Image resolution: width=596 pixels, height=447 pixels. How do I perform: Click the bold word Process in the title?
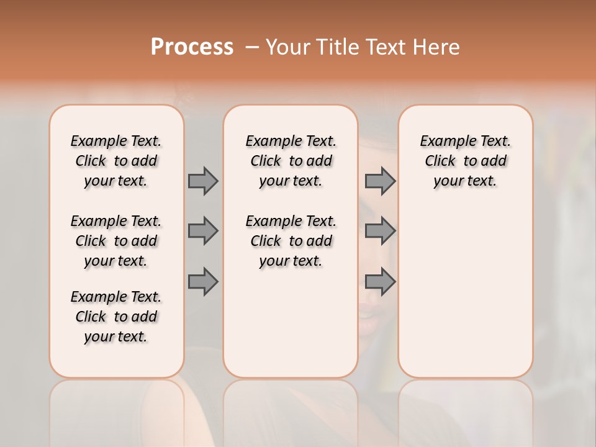pyautogui.click(x=192, y=47)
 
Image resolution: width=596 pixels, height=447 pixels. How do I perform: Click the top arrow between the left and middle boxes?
pyautogui.click(x=203, y=181)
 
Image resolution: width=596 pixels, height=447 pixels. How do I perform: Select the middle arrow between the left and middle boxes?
pyautogui.click(x=203, y=231)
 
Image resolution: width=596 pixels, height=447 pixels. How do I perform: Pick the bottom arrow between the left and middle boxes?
pyautogui.click(x=203, y=282)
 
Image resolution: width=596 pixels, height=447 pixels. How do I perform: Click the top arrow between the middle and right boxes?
pyautogui.click(x=380, y=181)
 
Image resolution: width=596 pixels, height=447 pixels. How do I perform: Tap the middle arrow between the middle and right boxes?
pyautogui.click(x=380, y=231)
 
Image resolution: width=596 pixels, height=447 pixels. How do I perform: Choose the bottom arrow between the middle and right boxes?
pyautogui.click(x=380, y=282)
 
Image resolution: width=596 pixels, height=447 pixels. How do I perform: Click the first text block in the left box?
pyautogui.click(x=116, y=161)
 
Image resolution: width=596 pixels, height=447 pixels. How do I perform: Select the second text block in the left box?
pyautogui.click(x=116, y=241)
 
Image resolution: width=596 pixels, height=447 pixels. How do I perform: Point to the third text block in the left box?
pyautogui.click(x=116, y=317)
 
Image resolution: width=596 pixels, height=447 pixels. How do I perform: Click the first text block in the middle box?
pyautogui.click(x=291, y=161)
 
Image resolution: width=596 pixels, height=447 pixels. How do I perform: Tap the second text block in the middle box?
pyautogui.click(x=291, y=241)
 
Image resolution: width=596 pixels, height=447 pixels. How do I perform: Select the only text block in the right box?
pyautogui.click(x=465, y=161)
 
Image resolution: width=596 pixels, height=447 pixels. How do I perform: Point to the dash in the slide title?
pyautogui.click(x=252, y=47)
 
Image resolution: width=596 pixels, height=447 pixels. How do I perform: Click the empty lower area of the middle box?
pyautogui.click(x=291, y=323)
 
